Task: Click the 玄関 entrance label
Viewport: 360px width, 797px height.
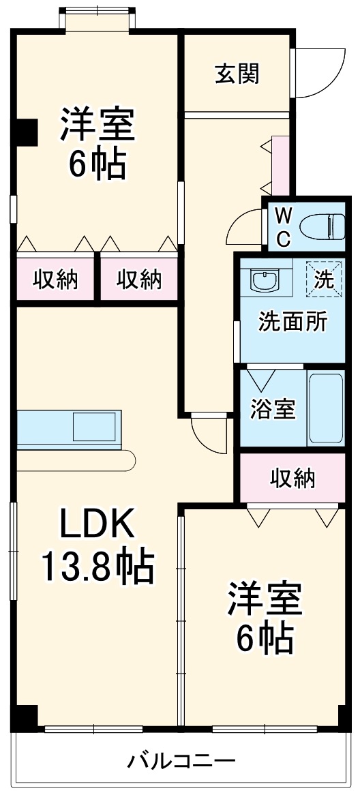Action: click(x=237, y=74)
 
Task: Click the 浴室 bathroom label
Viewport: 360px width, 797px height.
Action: click(x=272, y=409)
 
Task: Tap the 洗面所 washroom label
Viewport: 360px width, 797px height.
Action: click(x=292, y=322)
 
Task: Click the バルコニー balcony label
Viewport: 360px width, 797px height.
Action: click(x=181, y=760)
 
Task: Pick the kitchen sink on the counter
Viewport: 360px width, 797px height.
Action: click(x=96, y=427)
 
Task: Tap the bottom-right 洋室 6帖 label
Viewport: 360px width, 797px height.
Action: click(x=265, y=617)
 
